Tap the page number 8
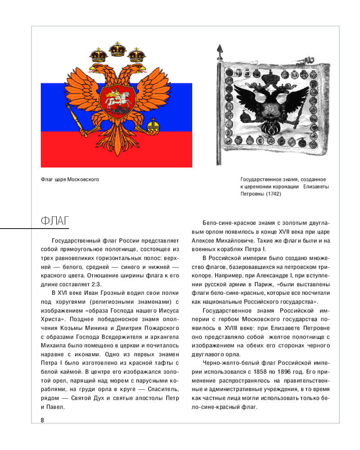point(42,420)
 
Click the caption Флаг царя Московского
point(70,180)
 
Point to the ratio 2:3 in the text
point(95,283)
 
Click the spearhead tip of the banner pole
point(220,48)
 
